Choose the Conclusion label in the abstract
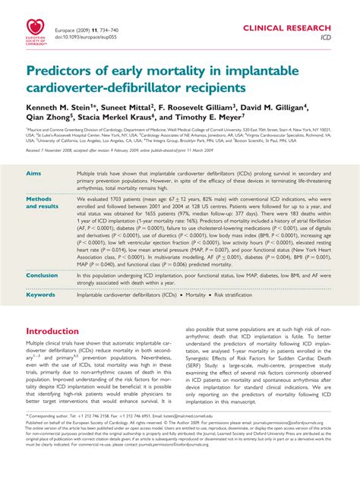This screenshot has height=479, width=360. [x=44, y=276]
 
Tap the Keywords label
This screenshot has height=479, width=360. [x=43, y=295]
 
